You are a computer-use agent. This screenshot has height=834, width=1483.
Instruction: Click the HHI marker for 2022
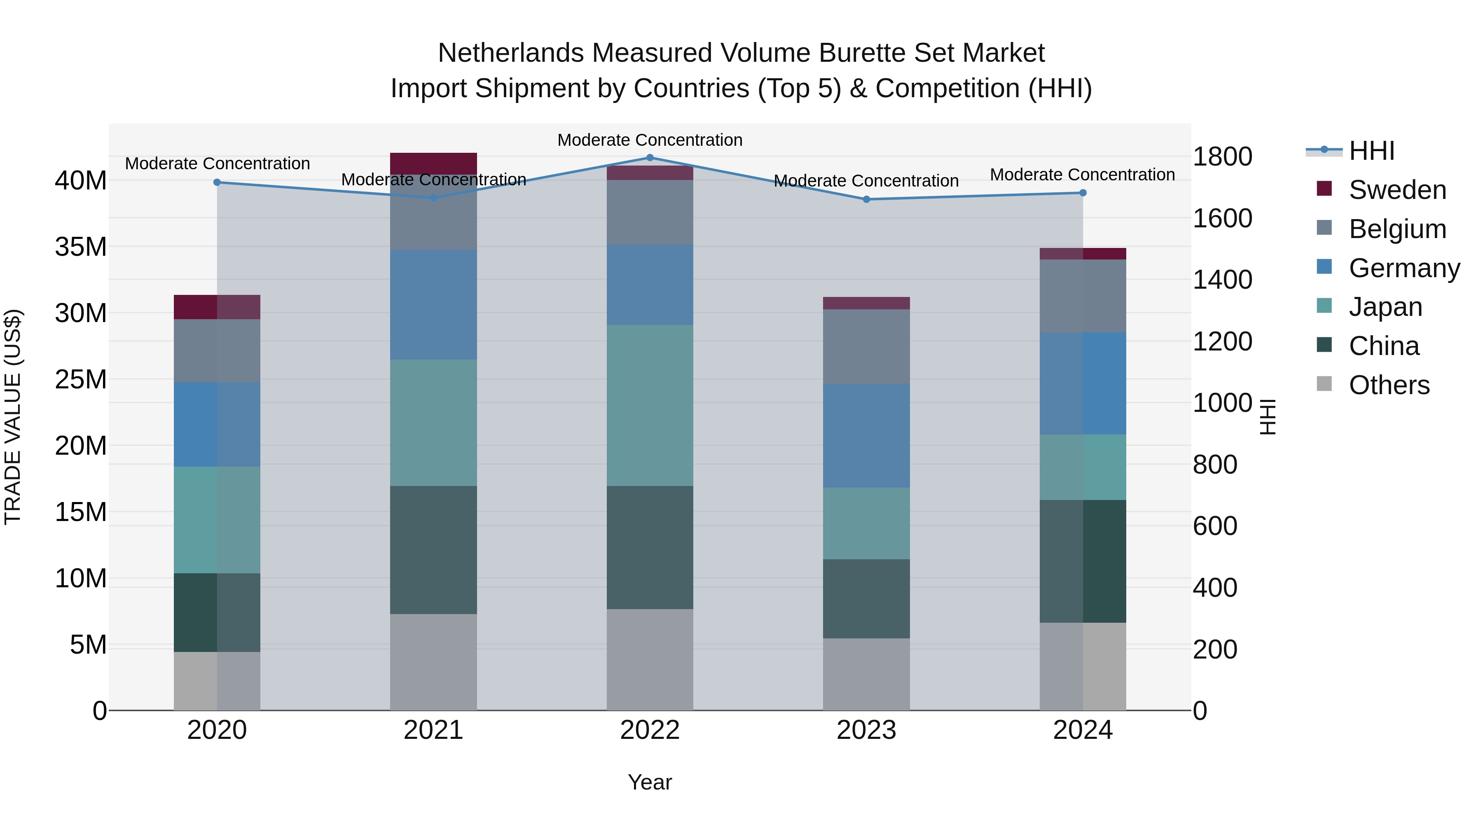650,157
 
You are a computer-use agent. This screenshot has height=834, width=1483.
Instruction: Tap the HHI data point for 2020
217,182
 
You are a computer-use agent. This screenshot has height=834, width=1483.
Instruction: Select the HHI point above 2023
866,200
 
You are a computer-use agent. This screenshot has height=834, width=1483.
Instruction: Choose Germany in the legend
1403,268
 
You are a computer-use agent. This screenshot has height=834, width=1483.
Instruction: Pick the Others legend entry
1389,385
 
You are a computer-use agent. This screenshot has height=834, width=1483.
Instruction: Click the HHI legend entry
1371,151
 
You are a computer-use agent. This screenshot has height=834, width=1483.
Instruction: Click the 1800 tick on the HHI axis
1222,157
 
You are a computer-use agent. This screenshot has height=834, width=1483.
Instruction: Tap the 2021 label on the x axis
433,730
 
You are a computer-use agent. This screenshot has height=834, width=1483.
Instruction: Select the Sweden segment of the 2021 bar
433,164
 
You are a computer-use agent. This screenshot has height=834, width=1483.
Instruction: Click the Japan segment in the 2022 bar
650,405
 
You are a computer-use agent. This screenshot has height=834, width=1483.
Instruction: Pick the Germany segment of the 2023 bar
866,436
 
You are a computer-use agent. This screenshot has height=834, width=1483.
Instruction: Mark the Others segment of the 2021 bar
433,662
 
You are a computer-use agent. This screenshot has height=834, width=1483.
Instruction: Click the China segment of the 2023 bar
866,598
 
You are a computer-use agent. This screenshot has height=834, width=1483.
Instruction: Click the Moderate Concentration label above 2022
650,140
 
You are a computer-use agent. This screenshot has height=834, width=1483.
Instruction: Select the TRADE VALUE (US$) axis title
13,417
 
